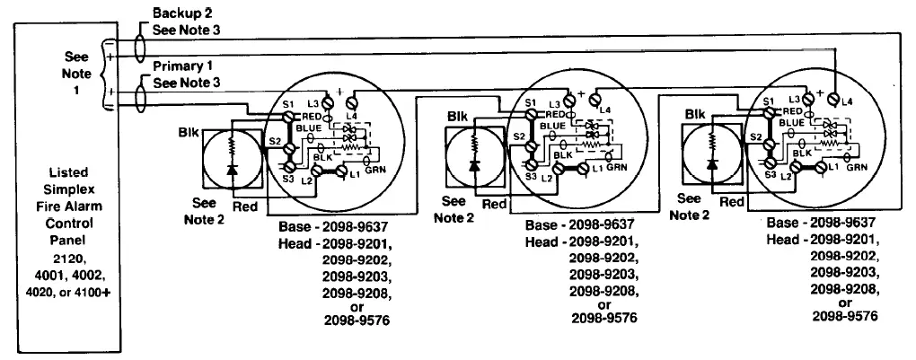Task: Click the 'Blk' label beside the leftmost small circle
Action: (x=189, y=132)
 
